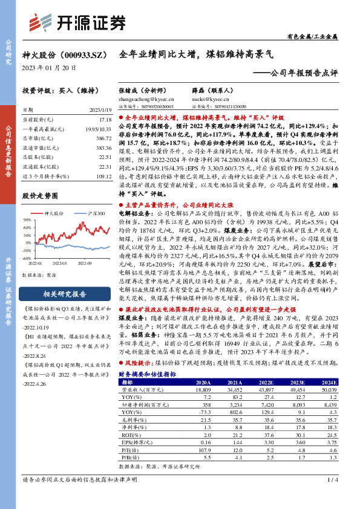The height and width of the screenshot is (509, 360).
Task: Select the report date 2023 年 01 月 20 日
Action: pyautogui.click(x=49, y=68)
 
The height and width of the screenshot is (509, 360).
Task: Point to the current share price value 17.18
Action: pyautogui.click(x=105, y=120)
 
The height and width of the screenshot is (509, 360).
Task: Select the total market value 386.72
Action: pyautogui.click(x=103, y=138)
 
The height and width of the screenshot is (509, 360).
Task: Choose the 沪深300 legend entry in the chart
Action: pyautogui.click(x=93, y=213)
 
